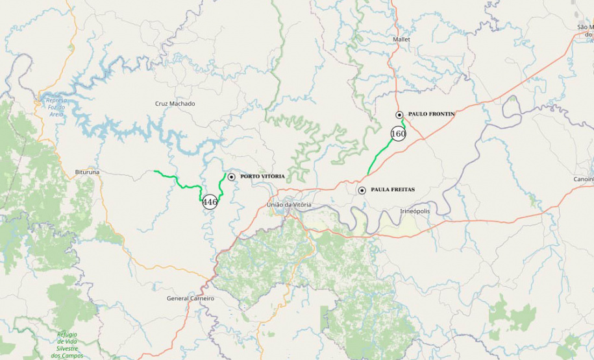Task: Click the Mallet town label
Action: (x=401, y=40)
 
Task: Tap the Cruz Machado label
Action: (x=175, y=104)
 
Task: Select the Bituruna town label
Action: (x=87, y=173)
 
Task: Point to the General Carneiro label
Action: (x=190, y=298)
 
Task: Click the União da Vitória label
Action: (x=289, y=205)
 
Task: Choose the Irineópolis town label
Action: (x=415, y=211)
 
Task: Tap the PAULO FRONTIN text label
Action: (x=431, y=114)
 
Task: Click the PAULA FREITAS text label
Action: (x=392, y=190)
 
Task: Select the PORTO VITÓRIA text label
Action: (x=262, y=176)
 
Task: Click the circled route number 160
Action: (x=398, y=134)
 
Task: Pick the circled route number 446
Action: (x=210, y=202)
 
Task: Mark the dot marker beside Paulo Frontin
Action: (x=400, y=115)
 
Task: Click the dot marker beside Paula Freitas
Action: (x=362, y=190)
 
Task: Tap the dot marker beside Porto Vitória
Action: (x=231, y=176)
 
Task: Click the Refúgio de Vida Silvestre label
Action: (x=67, y=341)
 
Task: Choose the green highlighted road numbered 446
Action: (x=177, y=181)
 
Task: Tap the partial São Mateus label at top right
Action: (x=585, y=30)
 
